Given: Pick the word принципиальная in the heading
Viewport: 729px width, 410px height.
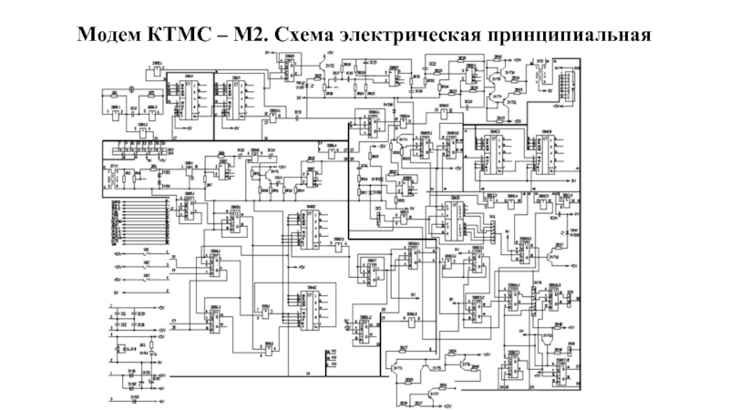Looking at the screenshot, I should pyautogui.click(x=571, y=35).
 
